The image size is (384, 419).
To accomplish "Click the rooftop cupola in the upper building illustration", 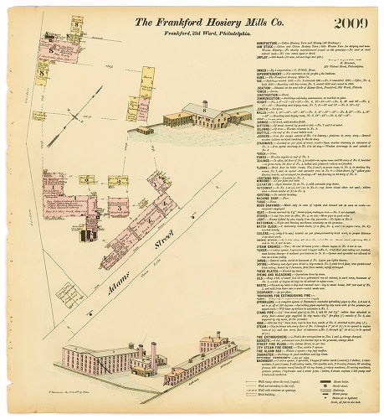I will point(204,105).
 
